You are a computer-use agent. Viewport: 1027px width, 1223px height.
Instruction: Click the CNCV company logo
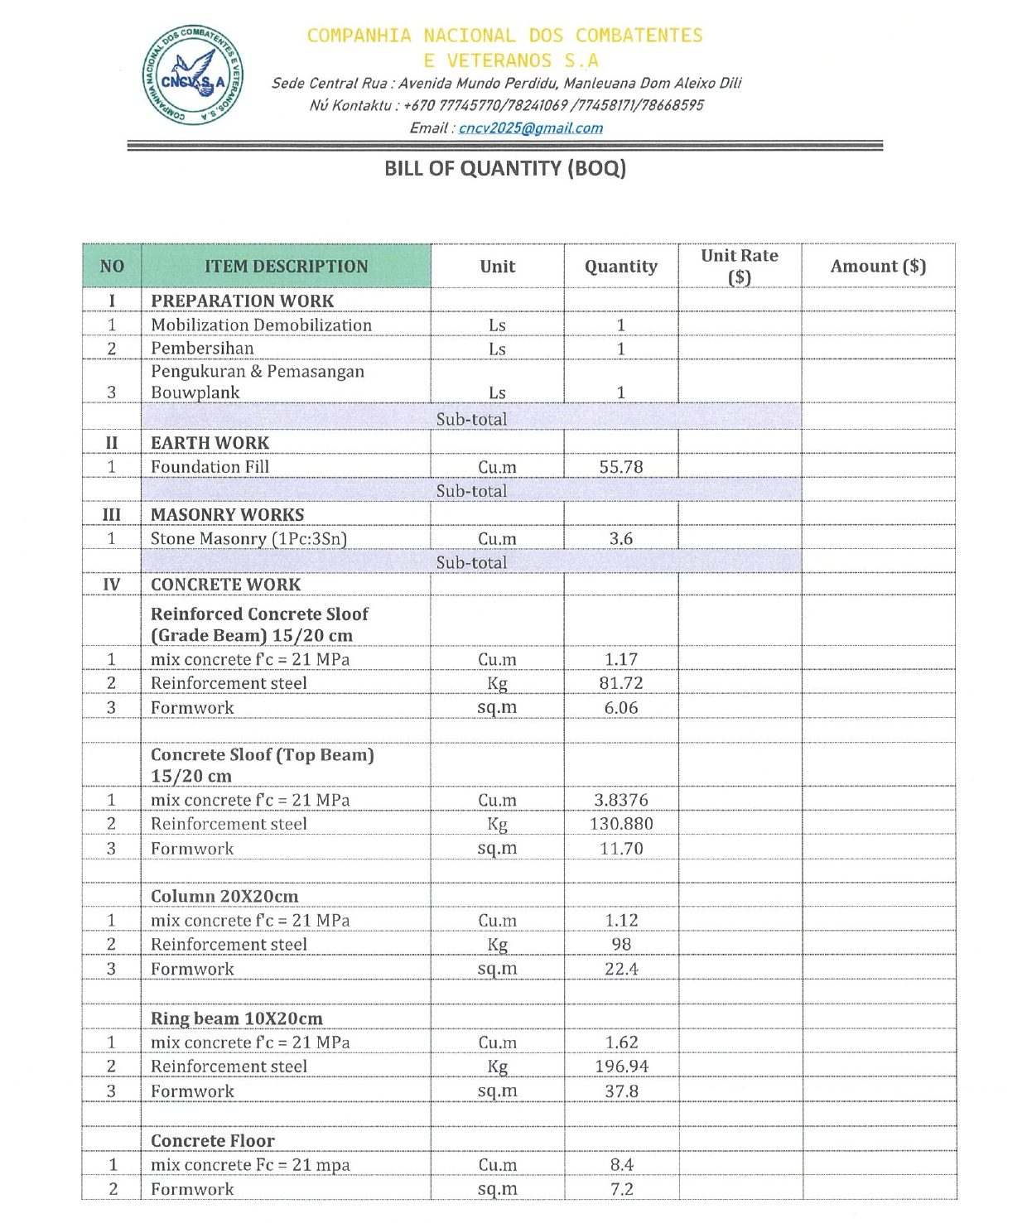[x=193, y=75]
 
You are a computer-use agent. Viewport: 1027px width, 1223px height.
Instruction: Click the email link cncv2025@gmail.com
[x=530, y=128]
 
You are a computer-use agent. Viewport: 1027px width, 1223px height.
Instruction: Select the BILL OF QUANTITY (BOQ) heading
[x=504, y=169]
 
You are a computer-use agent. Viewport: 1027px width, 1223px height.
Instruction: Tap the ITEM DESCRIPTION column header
[x=286, y=267]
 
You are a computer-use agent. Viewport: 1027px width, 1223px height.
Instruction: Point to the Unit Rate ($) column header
[x=739, y=266]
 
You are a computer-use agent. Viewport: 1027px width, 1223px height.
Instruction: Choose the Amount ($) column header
[x=878, y=267]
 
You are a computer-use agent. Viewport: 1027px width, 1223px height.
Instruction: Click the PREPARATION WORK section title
[x=242, y=301]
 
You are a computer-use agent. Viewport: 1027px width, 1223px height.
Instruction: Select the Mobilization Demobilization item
[x=261, y=325]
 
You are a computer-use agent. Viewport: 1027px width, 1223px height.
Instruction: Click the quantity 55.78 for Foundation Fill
[x=620, y=467]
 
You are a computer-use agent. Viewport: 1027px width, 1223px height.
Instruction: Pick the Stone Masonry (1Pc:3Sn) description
[x=248, y=539]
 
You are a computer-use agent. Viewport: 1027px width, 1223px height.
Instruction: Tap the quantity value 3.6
[x=620, y=539]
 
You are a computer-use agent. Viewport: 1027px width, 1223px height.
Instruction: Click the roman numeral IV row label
[x=112, y=585]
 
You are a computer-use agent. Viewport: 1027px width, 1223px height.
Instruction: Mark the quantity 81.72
[x=620, y=684]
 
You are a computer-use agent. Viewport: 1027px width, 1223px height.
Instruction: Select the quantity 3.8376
[x=620, y=801]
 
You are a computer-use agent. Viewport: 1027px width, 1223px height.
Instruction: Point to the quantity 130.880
[x=620, y=825]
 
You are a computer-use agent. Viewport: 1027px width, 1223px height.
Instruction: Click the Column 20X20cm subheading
[x=224, y=897]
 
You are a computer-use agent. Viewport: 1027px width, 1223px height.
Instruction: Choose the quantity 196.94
[x=620, y=1067]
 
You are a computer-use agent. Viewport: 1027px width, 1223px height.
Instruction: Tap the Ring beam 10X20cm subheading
[x=236, y=1019]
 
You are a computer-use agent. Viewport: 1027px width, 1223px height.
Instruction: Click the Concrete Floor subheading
[x=212, y=1141]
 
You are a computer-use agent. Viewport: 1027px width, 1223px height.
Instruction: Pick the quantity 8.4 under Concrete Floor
[x=621, y=1165]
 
